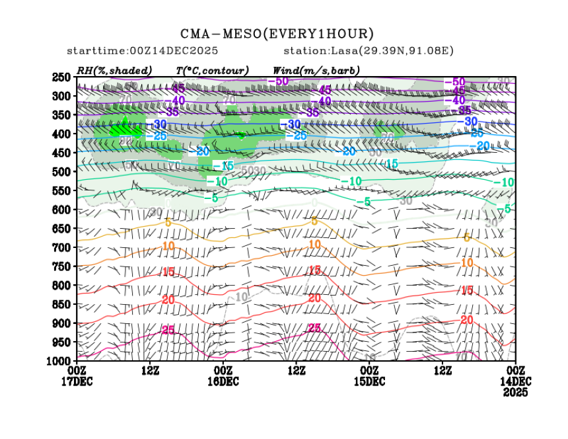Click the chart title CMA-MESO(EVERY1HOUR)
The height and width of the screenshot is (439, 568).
(277, 34)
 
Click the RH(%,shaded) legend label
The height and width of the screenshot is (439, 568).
(114, 70)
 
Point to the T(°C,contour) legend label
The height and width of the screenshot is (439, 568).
(212, 70)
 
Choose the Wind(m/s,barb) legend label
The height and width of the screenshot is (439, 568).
(316, 70)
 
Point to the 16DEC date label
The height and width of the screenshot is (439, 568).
(223, 381)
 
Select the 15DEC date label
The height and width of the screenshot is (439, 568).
(369, 381)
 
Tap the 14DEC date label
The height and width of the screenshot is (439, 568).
(515, 381)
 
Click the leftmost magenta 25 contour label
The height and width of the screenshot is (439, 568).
(168, 330)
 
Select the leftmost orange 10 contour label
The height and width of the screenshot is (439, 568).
(168, 246)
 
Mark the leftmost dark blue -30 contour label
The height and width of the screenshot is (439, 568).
(159, 124)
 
